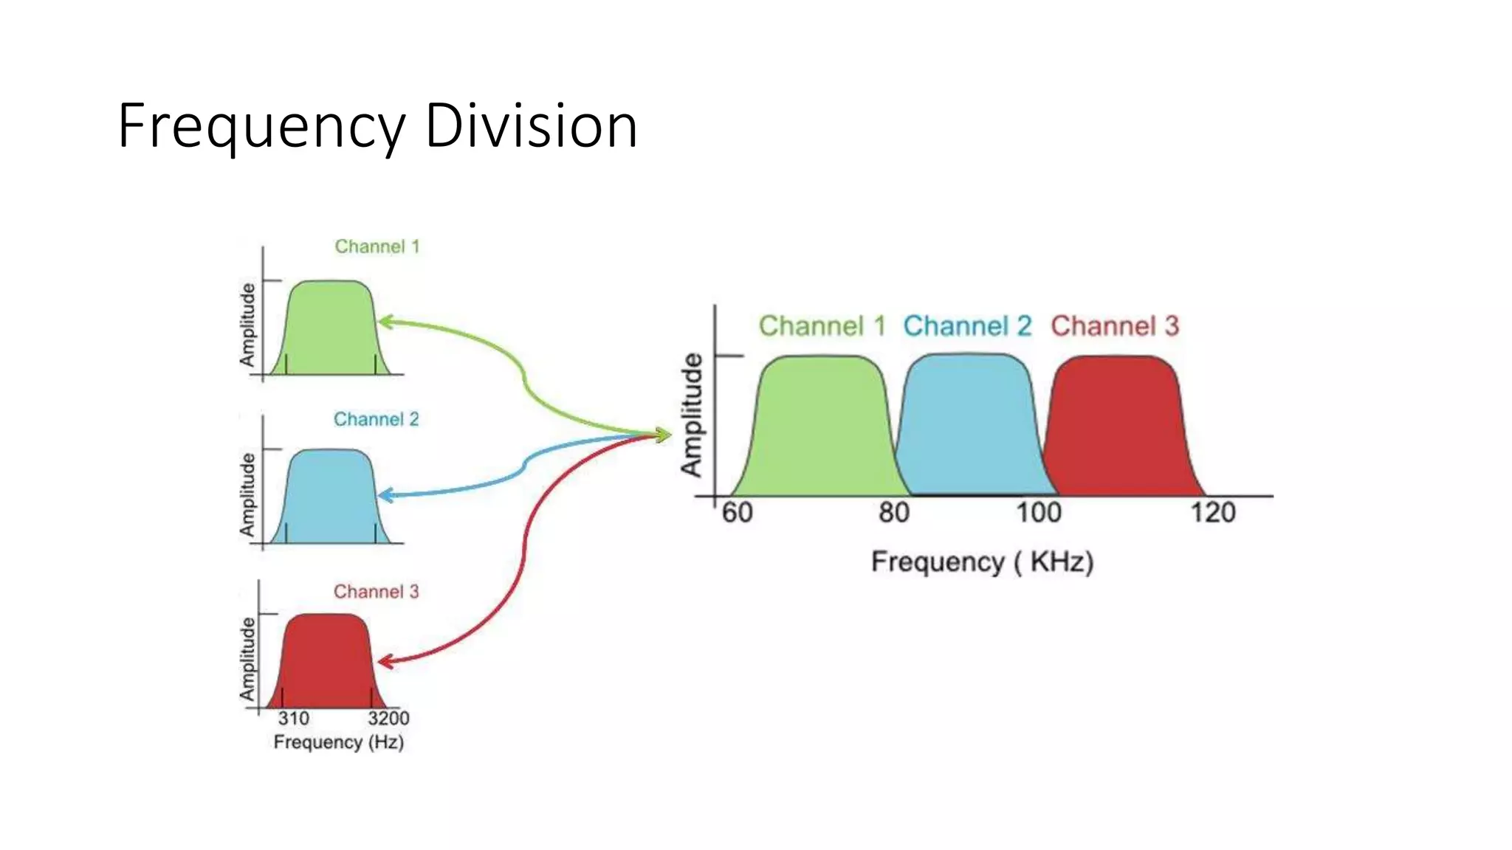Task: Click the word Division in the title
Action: [531, 126]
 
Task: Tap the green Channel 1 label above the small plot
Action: [377, 246]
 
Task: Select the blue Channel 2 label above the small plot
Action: [376, 419]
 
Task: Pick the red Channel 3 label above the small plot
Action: [376, 592]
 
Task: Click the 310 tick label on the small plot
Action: [293, 719]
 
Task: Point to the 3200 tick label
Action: [388, 719]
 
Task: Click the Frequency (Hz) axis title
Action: [338, 742]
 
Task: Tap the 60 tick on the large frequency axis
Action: [737, 513]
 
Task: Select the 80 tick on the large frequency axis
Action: [893, 513]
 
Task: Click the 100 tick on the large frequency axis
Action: [1038, 513]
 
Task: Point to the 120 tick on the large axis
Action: [1212, 513]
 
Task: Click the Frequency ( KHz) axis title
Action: [982, 562]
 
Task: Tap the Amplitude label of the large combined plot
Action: [692, 415]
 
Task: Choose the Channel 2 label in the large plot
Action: [967, 326]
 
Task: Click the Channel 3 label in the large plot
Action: [1115, 326]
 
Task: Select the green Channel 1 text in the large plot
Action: [822, 326]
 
